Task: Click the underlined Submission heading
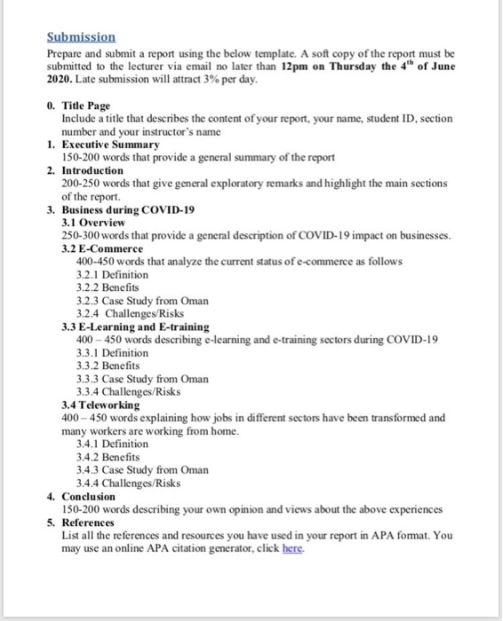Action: coord(81,38)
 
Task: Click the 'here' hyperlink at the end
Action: coord(292,549)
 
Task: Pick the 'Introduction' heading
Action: coord(93,169)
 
